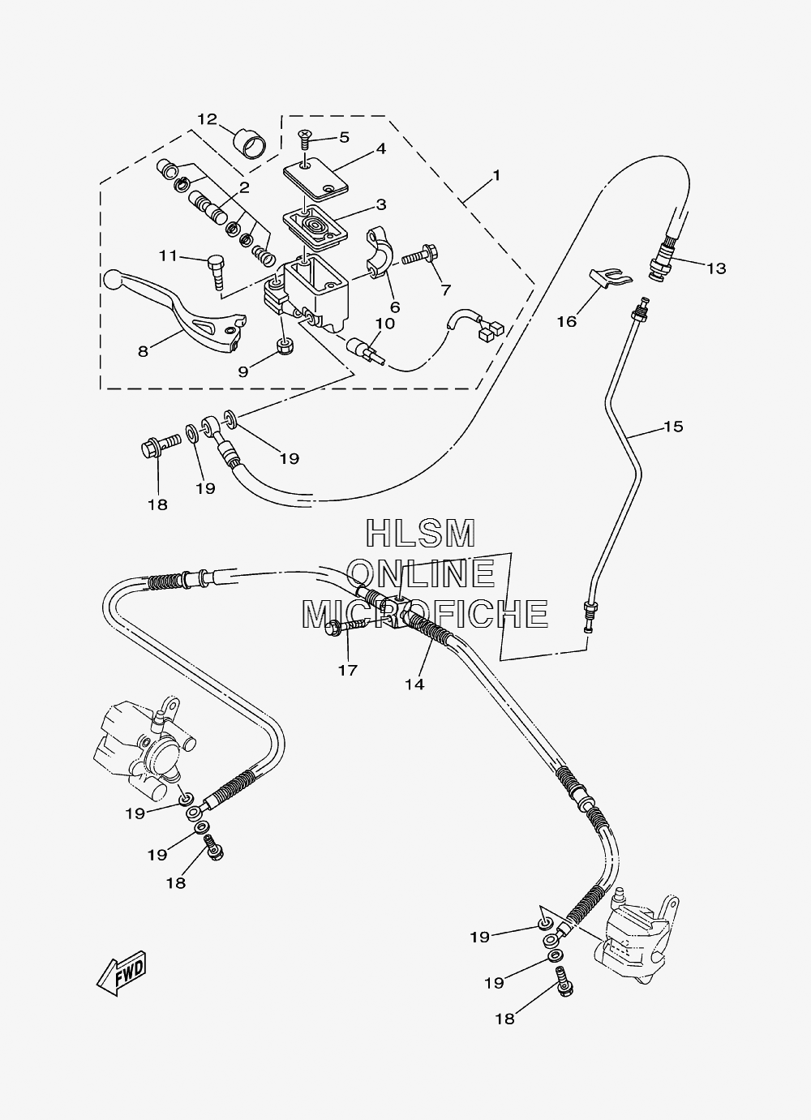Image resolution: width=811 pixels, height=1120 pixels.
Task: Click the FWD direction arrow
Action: pos(122,972)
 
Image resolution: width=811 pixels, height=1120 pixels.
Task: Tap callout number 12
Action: pos(207,119)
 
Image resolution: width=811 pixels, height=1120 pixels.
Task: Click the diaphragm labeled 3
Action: pos(315,228)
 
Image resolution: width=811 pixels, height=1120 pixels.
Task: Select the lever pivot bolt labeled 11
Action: pos(216,272)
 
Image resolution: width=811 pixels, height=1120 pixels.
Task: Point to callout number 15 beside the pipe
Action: pos(673,427)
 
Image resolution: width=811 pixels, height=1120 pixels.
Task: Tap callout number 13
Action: pos(716,268)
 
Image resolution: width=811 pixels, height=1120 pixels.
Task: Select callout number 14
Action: pos(414,684)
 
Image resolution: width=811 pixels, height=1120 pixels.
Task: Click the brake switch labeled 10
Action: pos(366,350)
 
